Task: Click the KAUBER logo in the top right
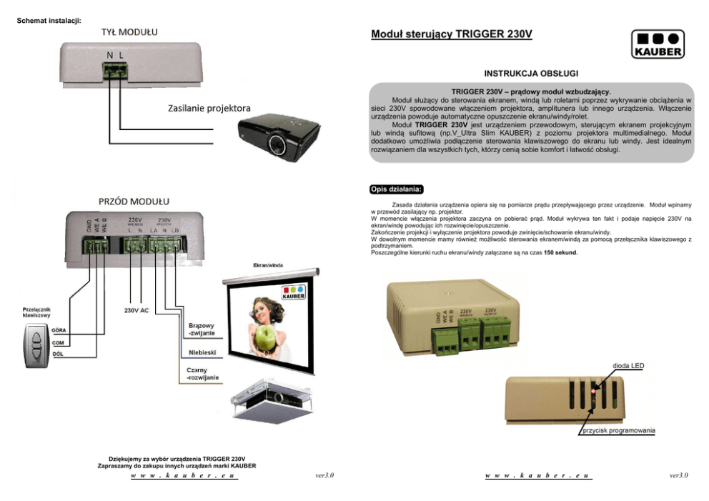coord(657,44)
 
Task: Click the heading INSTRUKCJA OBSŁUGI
coord(531,74)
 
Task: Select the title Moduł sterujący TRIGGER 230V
coord(452,34)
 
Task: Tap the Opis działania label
coord(397,189)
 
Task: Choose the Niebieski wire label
coord(202,353)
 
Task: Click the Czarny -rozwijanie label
coord(203,374)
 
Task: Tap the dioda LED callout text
coord(628,365)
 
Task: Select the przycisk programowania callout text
coord(618,431)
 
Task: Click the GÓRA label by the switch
coord(60,329)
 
